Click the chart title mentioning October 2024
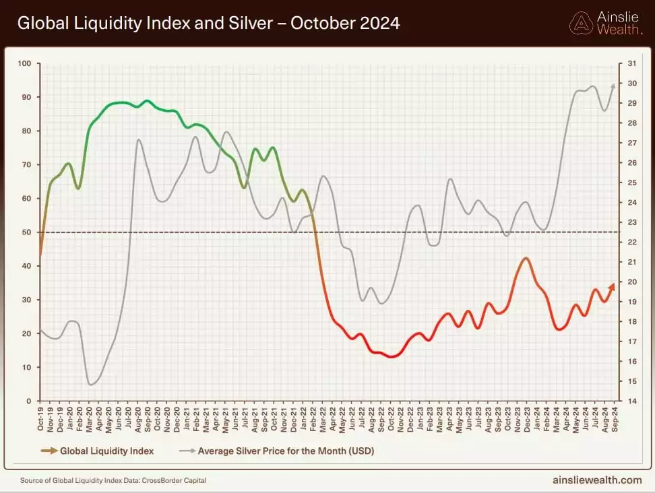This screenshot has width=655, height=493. (x=208, y=24)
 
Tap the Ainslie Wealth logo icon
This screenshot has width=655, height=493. (x=581, y=23)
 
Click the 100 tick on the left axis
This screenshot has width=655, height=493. (x=24, y=63)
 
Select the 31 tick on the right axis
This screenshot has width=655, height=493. (x=631, y=63)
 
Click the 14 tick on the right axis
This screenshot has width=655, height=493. (x=631, y=401)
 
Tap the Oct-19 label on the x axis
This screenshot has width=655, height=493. (x=41, y=421)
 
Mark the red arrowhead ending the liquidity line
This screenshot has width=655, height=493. (x=612, y=286)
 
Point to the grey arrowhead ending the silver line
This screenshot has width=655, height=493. (x=613, y=86)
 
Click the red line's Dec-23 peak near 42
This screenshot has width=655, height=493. (x=526, y=258)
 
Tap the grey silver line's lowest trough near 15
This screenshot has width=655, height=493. (x=90, y=385)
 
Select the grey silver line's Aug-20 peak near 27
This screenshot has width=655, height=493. (x=138, y=140)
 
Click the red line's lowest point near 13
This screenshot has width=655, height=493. (x=392, y=357)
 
